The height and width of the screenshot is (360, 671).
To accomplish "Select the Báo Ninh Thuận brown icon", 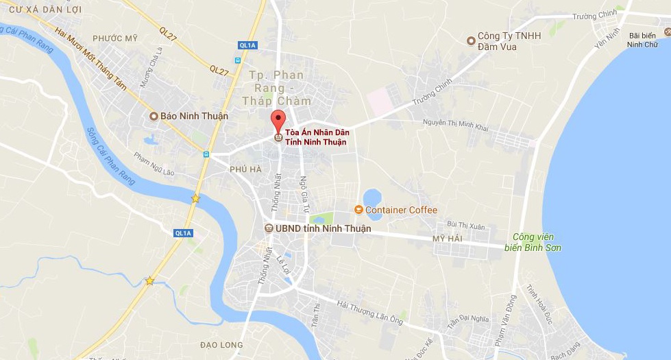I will (154, 117).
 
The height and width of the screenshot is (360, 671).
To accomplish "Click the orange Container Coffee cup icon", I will (358, 210).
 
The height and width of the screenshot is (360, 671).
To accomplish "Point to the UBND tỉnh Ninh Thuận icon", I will (269, 228).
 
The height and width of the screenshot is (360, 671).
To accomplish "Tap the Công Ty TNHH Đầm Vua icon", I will (471, 41).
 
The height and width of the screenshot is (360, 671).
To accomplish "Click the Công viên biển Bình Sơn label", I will (537, 242).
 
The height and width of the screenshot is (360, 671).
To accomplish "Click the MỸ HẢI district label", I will (448, 238).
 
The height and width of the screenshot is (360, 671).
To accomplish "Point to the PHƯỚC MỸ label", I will (115, 38).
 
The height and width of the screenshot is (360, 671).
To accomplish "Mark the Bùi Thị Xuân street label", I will (465, 224).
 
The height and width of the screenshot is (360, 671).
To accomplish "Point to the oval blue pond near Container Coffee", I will (373, 198).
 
